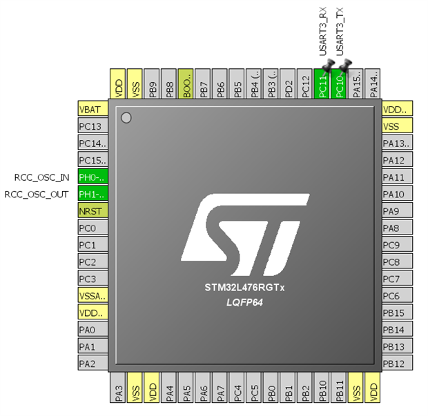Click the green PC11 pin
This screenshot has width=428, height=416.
click(x=322, y=86)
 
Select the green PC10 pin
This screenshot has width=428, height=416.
click(x=339, y=86)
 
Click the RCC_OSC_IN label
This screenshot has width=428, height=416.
click(x=41, y=177)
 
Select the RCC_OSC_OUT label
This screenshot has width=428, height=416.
click(x=37, y=194)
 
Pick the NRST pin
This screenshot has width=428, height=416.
click(x=93, y=211)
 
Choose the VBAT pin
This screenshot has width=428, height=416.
click(x=93, y=109)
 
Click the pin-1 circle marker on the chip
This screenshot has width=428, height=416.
click(x=126, y=118)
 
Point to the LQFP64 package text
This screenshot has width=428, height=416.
click(x=244, y=302)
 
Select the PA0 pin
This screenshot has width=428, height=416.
click(x=93, y=329)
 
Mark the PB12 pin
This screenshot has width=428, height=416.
click(x=397, y=364)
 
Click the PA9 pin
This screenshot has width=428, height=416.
click(x=397, y=211)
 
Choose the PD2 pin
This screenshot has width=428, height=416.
click(x=289, y=86)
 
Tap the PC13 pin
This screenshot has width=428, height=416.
click(x=93, y=126)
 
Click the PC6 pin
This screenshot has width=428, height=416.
click(x=397, y=295)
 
